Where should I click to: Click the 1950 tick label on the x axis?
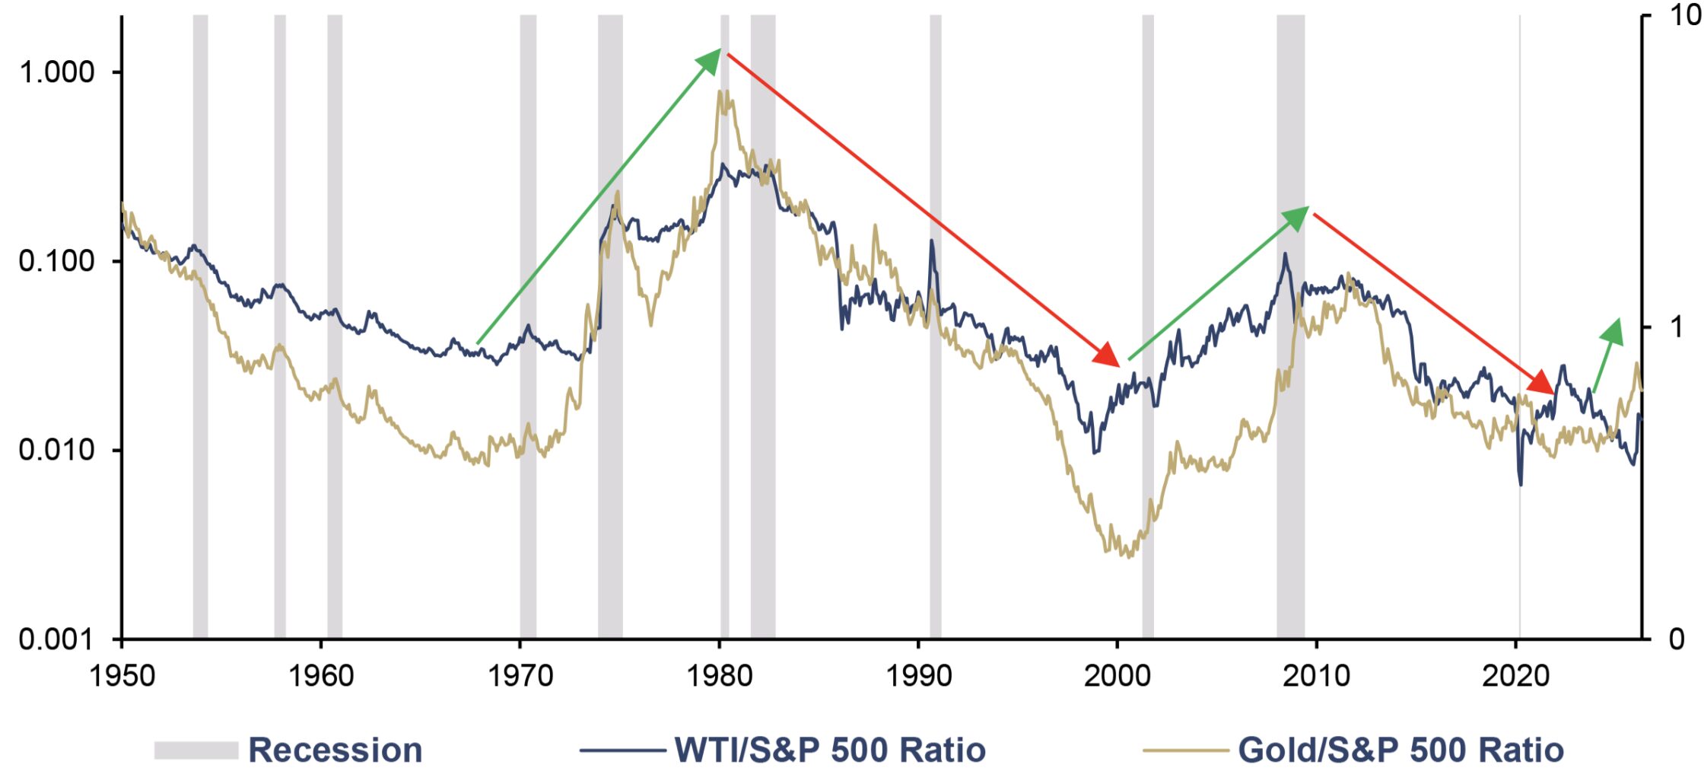122,675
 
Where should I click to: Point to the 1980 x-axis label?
719,675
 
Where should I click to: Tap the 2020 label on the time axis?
1515,675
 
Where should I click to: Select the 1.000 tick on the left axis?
56,72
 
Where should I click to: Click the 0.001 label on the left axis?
56,639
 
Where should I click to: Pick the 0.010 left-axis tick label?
56,450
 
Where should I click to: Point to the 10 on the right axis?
1685,15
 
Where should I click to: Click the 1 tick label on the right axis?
1676,327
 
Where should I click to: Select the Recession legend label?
335,751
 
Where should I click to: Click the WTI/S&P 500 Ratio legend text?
830,751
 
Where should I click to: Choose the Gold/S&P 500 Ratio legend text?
1400,751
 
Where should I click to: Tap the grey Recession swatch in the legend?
196,751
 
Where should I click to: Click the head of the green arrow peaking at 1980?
711,60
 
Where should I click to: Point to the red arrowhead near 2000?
1108,355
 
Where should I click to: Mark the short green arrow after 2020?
1607,355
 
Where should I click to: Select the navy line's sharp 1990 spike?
931,242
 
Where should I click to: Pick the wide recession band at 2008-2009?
1290,327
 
